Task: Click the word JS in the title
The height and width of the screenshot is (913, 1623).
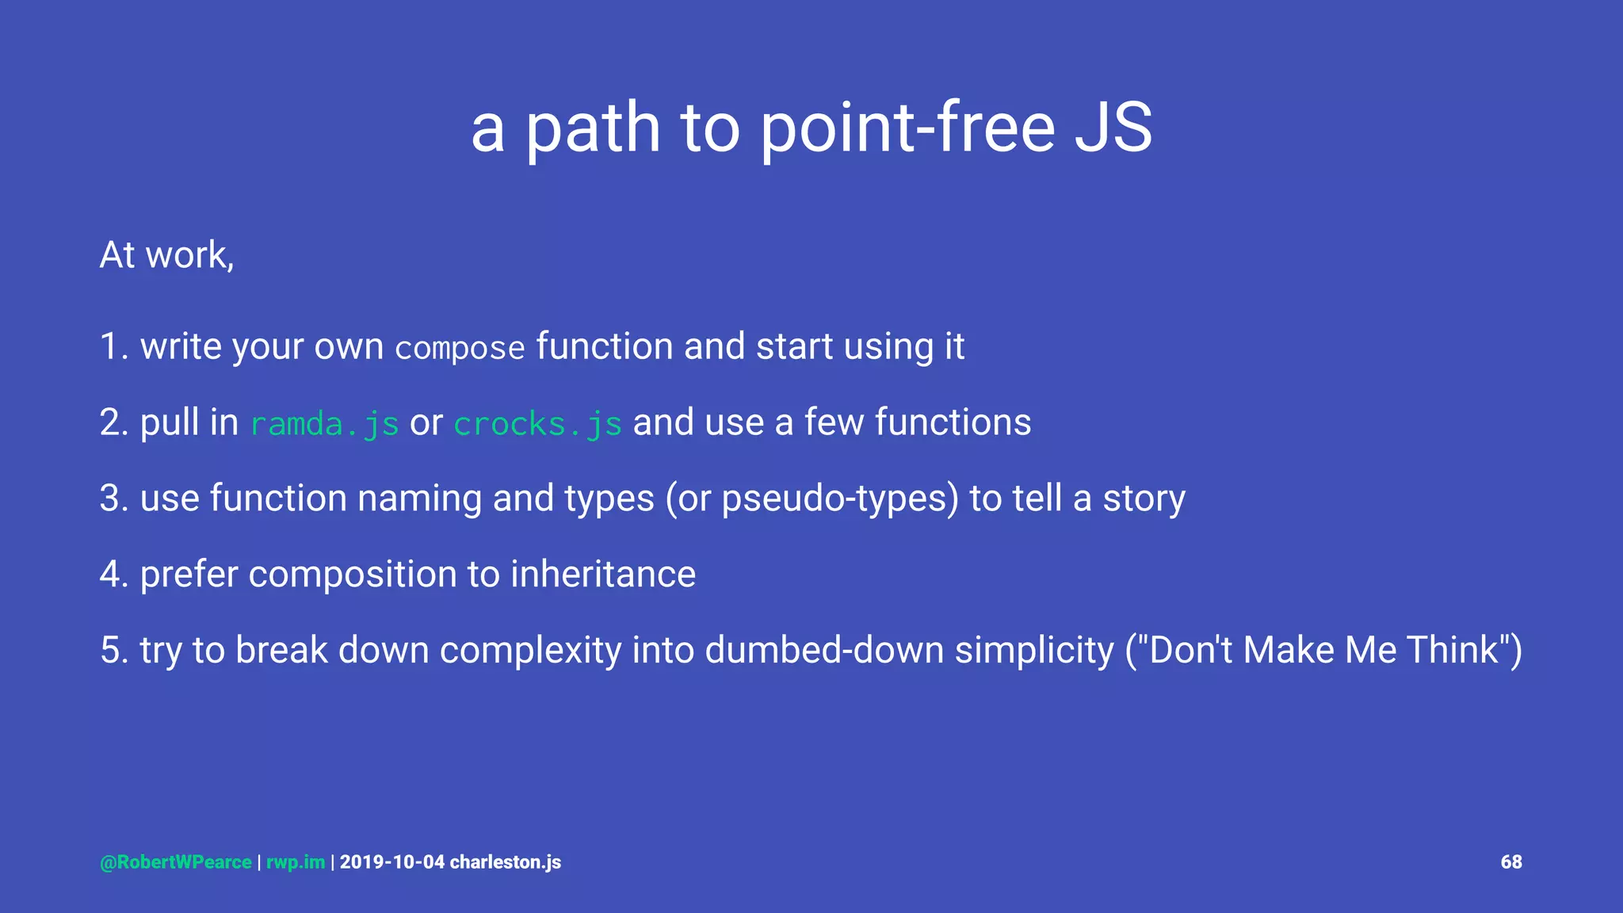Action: pos(1113,128)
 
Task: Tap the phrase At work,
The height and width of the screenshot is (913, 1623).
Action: pos(167,255)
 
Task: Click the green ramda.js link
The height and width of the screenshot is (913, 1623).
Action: pos(324,424)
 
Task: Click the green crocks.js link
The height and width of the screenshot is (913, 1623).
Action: pos(537,424)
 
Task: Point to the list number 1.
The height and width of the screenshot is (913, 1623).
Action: pos(111,347)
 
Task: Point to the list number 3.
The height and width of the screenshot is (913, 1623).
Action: pos(111,499)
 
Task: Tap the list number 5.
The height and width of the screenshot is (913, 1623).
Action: pos(111,651)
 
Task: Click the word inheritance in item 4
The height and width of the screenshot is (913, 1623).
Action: pos(602,575)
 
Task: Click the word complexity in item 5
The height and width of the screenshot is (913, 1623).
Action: pos(530,651)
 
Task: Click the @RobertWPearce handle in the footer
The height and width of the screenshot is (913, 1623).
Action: pos(176,862)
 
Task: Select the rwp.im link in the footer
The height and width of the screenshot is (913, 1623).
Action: pos(296,862)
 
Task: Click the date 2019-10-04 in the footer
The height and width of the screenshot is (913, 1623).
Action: pos(392,862)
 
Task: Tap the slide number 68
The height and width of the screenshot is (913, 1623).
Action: pos(1510,862)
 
